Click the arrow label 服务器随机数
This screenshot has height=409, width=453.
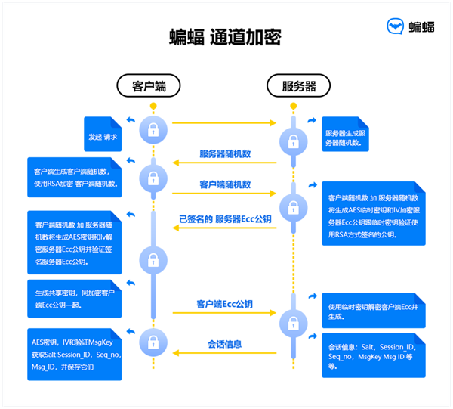[225, 154]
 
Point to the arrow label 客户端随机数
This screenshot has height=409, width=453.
[225, 184]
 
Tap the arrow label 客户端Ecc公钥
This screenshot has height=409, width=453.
[225, 304]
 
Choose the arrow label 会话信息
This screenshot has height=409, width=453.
[225, 345]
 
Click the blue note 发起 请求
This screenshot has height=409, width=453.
[103, 137]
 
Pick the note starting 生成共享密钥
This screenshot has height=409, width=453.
[74, 299]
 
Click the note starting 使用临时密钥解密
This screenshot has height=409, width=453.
[368, 311]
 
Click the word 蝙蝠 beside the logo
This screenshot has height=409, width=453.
[421, 27]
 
